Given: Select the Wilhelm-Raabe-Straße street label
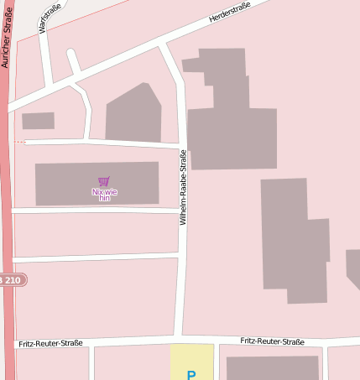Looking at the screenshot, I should (x=183, y=186).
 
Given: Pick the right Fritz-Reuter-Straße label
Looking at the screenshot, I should (x=272, y=341).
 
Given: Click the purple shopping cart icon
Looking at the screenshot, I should (x=104, y=181).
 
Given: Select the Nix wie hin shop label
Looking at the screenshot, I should (x=104, y=195).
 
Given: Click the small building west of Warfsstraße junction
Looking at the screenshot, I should (x=38, y=121).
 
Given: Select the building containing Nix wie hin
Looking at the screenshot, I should (x=67, y=183).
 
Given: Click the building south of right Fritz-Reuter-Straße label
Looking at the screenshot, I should (x=273, y=367).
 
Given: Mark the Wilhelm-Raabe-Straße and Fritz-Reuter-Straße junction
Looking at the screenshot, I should (x=183, y=339).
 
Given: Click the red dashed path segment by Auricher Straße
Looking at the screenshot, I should (x=18, y=143).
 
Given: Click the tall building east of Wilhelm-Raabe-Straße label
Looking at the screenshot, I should (x=294, y=239).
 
